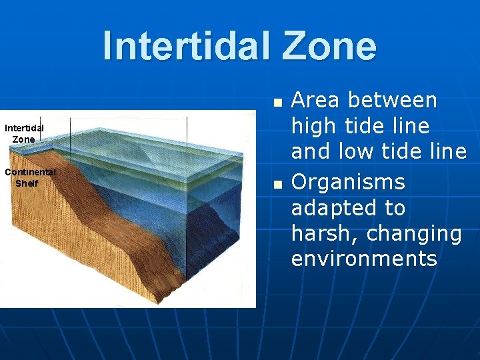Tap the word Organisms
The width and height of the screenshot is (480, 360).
click(348, 182)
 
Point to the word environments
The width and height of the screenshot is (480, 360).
click(364, 259)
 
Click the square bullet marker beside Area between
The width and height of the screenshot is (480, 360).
click(278, 103)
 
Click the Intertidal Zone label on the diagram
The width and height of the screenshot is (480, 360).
click(24, 133)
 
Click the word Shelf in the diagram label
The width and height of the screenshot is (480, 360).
click(27, 183)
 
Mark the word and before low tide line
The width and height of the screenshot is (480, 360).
click(311, 152)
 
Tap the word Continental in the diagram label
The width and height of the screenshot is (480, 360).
click(30, 172)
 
